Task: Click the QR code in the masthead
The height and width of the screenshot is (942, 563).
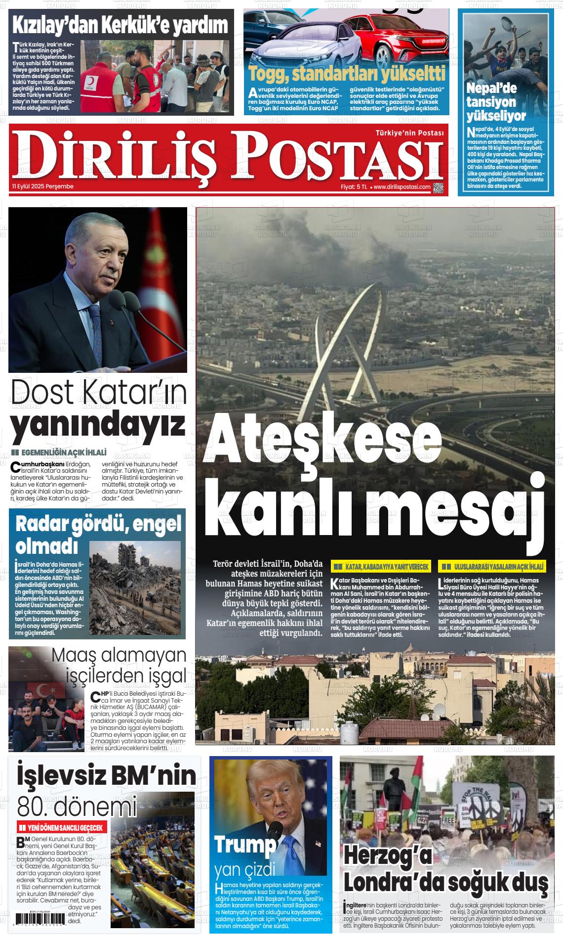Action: tap(438, 187)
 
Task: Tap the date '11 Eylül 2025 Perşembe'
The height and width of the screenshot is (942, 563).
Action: tap(43, 186)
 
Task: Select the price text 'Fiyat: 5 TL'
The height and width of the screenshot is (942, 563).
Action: tap(354, 187)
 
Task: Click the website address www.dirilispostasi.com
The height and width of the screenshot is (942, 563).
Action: tap(402, 187)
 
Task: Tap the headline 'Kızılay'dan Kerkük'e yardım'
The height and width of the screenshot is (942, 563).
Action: tap(120, 25)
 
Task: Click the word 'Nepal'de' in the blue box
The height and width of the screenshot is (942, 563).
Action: tap(491, 88)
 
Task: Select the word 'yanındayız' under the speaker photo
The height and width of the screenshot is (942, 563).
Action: tap(98, 424)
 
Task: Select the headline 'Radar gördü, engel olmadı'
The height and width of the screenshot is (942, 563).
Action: tap(98, 535)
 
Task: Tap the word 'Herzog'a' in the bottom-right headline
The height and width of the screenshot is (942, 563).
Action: tap(388, 855)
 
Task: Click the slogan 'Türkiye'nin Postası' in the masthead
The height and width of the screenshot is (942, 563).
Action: tap(409, 133)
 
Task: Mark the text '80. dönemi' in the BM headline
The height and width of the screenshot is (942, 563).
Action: tap(77, 807)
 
